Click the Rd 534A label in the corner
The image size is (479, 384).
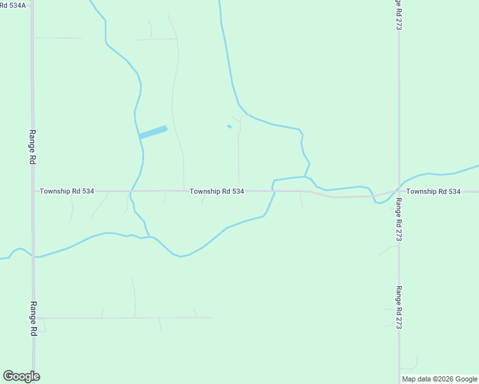click(13, 5)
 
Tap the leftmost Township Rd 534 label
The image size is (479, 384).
click(67, 191)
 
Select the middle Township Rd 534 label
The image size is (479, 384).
click(216, 191)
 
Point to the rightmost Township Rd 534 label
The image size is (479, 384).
click(433, 191)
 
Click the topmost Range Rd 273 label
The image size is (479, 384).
click(398, 15)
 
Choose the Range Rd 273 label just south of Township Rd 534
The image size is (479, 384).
click(398, 220)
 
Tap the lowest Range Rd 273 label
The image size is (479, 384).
click(398, 307)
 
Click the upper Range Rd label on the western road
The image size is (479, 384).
click(32, 147)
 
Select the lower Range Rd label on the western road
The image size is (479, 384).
click(33, 318)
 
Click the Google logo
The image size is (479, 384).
click(21, 376)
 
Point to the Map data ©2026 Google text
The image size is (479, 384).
click(439, 379)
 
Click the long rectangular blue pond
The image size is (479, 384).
click(153, 132)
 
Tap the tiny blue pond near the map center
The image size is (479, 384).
click(229, 126)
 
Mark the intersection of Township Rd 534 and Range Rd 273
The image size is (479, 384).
click(398, 191)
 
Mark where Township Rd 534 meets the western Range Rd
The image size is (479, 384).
click(33, 191)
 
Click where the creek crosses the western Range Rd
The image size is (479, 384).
click(33, 256)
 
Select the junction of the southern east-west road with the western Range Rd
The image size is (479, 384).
click(33, 317)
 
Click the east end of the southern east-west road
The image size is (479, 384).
click(211, 317)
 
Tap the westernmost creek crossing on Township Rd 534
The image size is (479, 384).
click(131, 191)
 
